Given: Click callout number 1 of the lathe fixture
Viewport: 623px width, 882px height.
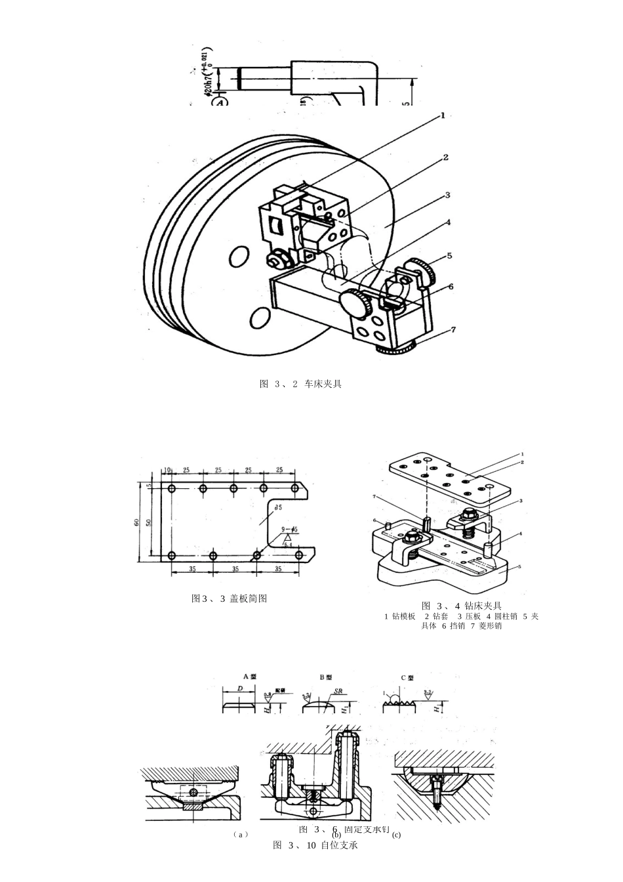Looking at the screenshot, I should [443, 115].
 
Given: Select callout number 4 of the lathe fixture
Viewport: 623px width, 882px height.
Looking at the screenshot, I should [448, 222].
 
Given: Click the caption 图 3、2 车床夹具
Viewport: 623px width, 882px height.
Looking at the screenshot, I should [301, 384].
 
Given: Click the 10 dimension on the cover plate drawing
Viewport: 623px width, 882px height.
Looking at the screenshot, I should [167, 471].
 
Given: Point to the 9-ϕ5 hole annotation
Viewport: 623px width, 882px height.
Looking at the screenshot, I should [289, 530].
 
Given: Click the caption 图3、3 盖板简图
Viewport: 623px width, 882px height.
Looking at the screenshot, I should [229, 598].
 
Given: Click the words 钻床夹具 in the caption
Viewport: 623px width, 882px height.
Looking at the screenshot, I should [483, 606].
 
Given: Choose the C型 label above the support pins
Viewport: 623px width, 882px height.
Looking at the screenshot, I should [407, 677].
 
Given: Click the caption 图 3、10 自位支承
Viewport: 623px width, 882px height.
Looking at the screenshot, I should [315, 845].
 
